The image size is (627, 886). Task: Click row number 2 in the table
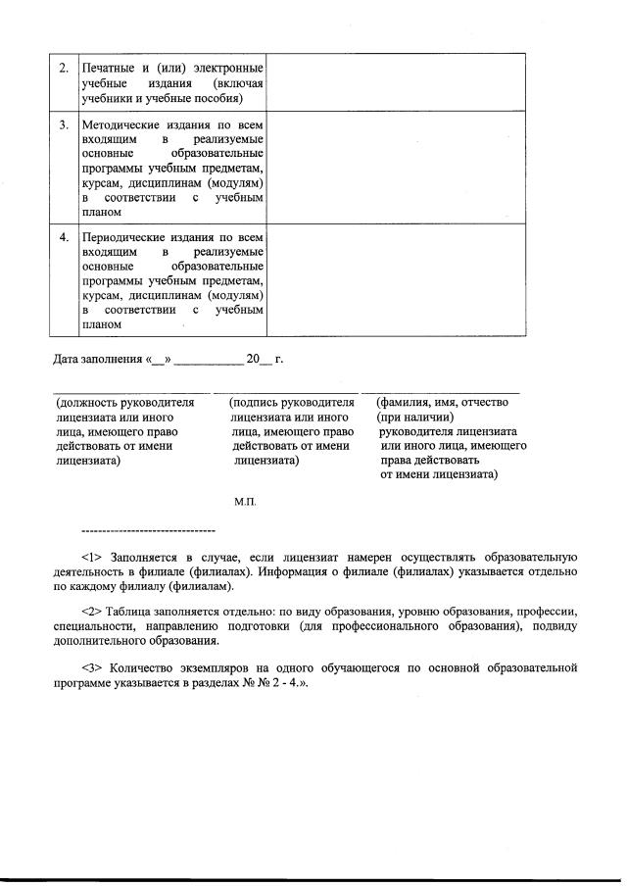[64, 69]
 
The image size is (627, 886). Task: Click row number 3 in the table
[64, 124]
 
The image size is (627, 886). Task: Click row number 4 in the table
[64, 237]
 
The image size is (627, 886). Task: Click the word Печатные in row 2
[110, 69]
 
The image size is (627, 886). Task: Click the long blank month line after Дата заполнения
[208, 361]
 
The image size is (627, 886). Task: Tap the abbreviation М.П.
[244, 502]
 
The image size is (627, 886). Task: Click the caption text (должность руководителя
[124, 403]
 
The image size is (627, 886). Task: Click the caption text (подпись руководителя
[290, 403]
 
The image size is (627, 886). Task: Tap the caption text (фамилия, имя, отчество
[446, 403]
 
